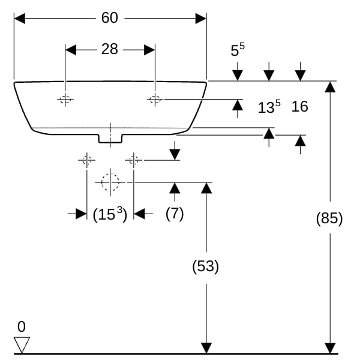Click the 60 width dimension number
click(109, 19)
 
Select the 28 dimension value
click(109, 49)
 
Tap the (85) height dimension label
click(329, 218)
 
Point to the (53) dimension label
click(206, 266)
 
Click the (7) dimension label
click(175, 214)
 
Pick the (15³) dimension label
click(110, 214)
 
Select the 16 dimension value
click(299, 107)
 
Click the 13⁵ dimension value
click(269, 107)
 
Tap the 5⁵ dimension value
click(238, 50)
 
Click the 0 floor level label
click(22, 327)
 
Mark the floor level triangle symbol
click(22, 344)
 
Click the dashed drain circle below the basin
click(110, 182)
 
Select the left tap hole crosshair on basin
click(65, 100)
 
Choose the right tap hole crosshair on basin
click(155, 100)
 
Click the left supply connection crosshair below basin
click(86, 160)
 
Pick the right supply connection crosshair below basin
click(133, 160)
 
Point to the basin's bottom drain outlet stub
click(110, 139)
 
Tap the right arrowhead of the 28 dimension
click(149, 49)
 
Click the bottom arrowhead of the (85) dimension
click(329, 348)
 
